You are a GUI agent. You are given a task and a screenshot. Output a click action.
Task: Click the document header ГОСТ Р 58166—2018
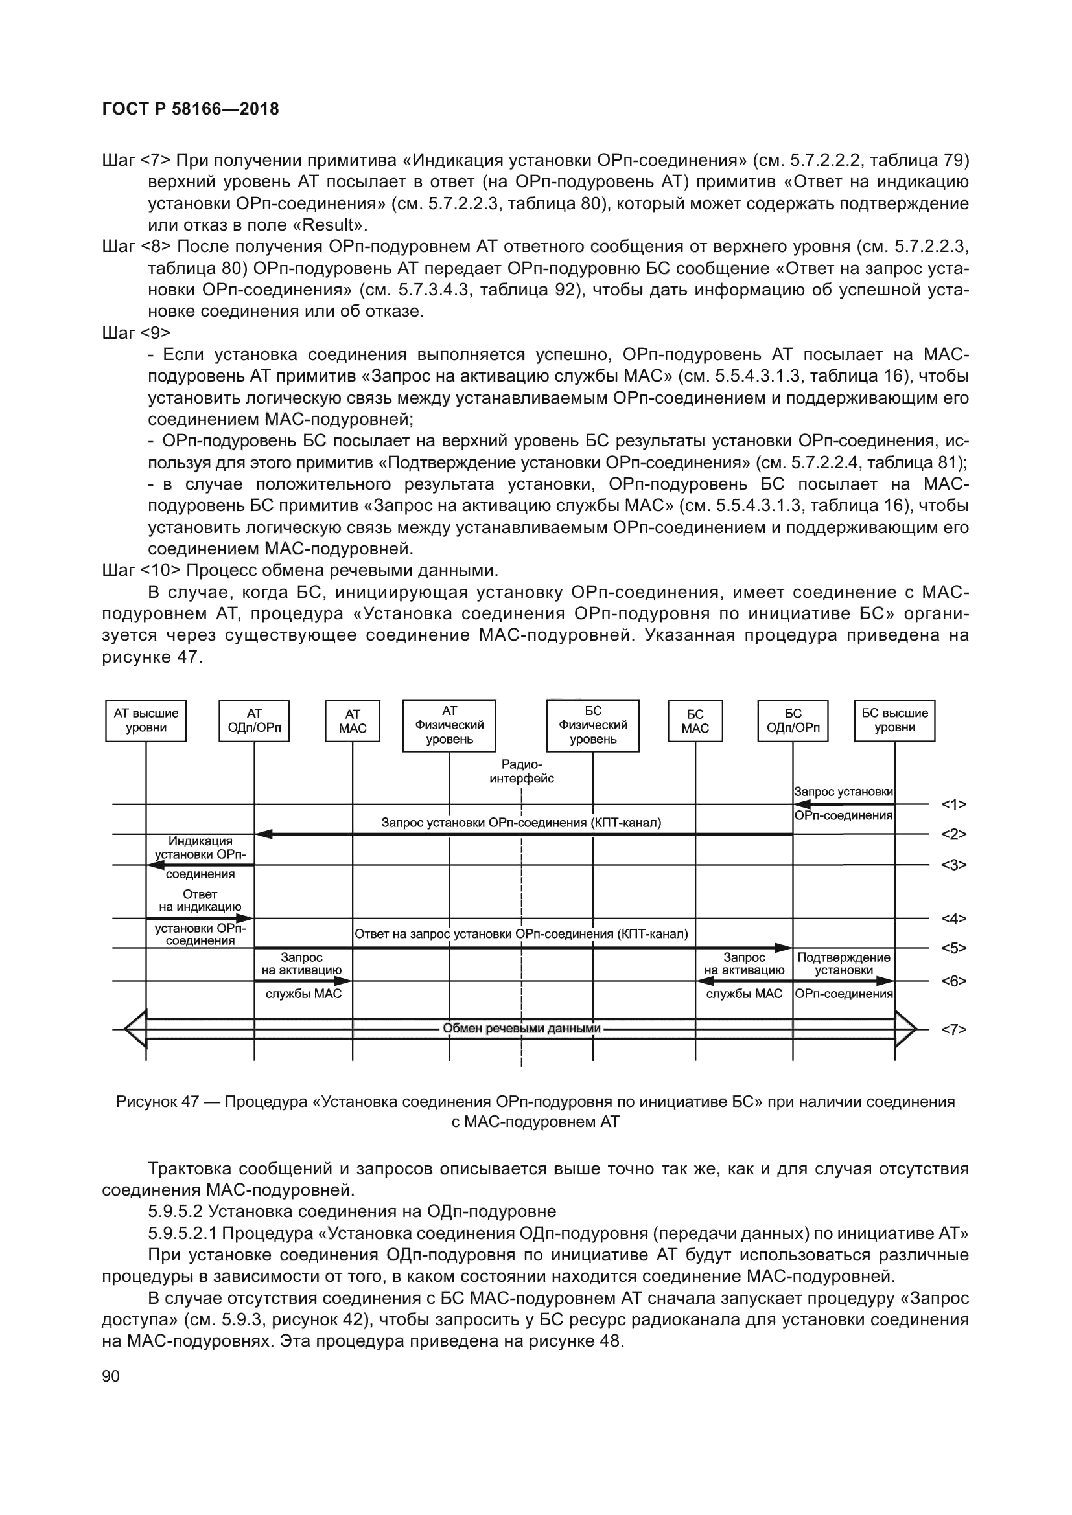(x=191, y=109)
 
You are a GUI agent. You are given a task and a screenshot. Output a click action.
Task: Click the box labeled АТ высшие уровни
(x=146, y=720)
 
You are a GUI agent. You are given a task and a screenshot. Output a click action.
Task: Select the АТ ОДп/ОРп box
(x=254, y=720)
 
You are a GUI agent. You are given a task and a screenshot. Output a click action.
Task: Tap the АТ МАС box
(x=353, y=721)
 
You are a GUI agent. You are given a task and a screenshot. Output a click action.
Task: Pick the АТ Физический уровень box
(x=449, y=725)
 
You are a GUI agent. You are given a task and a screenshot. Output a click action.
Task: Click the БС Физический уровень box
(x=593, y=725)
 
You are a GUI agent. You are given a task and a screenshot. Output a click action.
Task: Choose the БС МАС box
(x=695, y=721)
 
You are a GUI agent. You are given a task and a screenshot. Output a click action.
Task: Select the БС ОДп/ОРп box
(x=793, y=720)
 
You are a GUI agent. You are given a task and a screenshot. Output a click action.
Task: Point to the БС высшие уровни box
(x=894, y=720)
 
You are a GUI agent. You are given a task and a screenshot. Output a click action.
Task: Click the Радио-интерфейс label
(x=522, y=771)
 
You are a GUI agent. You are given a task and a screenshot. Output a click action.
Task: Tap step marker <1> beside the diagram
(x=953, y=804)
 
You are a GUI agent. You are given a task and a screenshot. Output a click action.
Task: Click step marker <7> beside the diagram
(x=953, y=1029)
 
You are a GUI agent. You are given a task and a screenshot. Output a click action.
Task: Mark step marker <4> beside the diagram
(x=953, y=918)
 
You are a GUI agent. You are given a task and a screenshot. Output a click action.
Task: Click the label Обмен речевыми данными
(x=522, y=1028)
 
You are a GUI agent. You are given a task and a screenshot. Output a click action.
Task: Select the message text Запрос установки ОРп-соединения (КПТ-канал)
(x=521, y=823)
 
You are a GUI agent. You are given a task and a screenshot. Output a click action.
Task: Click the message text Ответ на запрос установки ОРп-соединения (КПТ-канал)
(x=521, y=934)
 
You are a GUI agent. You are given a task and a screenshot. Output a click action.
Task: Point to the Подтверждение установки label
(x=844, y=963)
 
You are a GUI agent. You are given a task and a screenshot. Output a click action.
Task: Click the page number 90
(x=111, y=1376)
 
